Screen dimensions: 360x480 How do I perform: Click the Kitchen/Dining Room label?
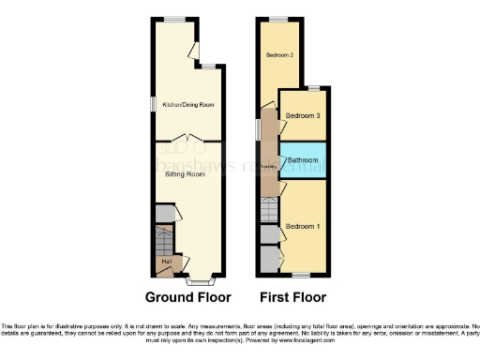(x=188, y=105)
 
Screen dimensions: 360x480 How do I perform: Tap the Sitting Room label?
(x=185, y=174)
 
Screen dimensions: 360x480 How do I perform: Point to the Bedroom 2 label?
(x=279, y=55)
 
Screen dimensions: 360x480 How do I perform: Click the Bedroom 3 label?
(x=304, y=115)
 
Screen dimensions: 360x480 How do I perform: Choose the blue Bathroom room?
(x=304, y=161)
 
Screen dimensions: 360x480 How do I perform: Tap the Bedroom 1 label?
(x=304, y=227)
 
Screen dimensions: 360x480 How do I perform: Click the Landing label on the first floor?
(x=268, y=167)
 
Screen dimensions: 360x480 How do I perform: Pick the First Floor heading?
(x=292, y=298)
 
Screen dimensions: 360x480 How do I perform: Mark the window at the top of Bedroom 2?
(x=279, y=19)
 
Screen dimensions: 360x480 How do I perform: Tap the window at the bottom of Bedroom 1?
(x=301, y=275)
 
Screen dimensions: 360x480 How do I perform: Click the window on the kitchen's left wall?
(x=154, y=103)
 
